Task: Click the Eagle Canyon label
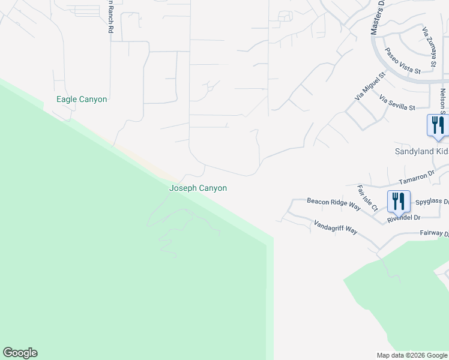tap(82, 99)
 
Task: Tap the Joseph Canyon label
tap(198, 188)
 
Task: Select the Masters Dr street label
tap(376, 18)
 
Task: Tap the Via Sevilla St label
tap(397, 103)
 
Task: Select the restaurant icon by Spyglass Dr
tap(399, 201)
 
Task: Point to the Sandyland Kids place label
tap(421, 152)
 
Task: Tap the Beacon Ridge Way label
tap(333, 204)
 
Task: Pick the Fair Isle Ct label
tap(367, 198)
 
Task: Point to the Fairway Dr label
tap(434, 233)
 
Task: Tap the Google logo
tap(20, 353)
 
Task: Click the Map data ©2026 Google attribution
tap(412, 355)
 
